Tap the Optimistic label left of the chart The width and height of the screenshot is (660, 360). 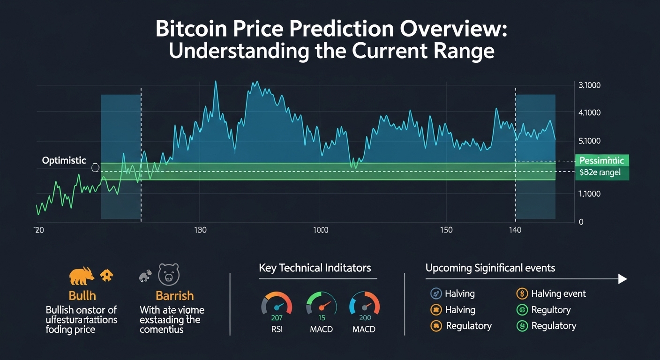point(64,161)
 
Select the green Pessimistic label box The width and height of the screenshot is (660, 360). point(601,161)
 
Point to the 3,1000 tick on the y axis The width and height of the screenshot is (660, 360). point(590,86)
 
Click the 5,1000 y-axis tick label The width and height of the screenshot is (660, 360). point(590,141)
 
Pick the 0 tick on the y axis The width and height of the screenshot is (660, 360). point(581,222)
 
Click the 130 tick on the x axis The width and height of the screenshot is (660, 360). point(200,230)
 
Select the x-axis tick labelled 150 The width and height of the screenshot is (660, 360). point(446,230)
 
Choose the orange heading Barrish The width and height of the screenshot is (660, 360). point(174,296)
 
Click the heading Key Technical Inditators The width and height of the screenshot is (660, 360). point(315,268)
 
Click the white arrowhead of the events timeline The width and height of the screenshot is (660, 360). point(622,279)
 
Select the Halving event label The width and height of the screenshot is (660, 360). point(558,294)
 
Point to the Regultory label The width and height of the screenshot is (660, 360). point(551,310)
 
